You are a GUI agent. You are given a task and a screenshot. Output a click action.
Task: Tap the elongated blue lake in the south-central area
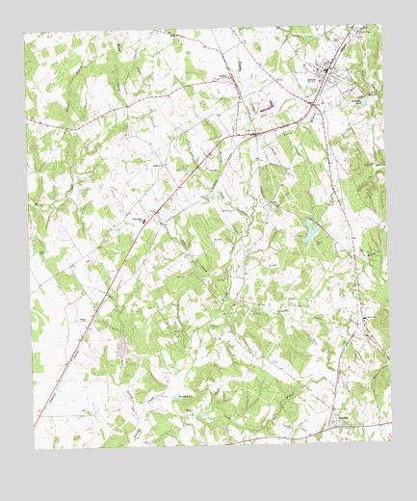coord(184,396)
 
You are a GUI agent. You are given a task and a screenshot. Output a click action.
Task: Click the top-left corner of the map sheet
coord(23,34)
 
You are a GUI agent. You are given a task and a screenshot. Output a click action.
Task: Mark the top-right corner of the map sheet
coord(379,23)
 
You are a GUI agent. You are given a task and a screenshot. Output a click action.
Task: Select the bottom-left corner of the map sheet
coord(35,449)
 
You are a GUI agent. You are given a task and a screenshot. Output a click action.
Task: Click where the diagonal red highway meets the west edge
coord(35,425)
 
